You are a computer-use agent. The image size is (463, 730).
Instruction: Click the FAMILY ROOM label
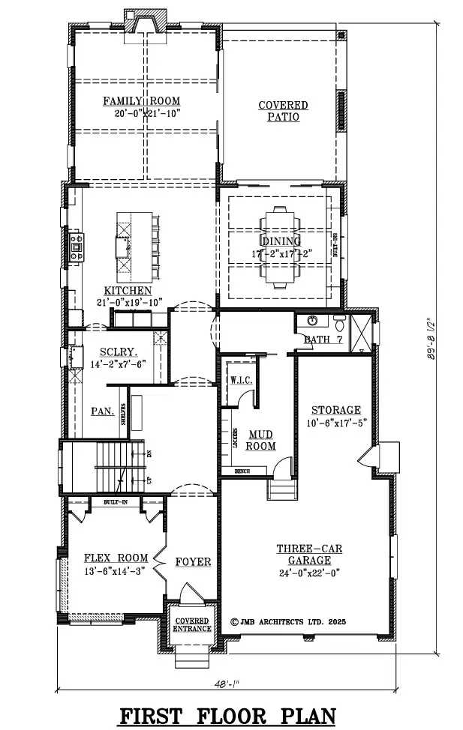click(x=142, y=101)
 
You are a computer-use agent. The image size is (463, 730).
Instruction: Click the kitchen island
click(x=125, y=244)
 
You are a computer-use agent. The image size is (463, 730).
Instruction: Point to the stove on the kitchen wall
click(x=76, y=247)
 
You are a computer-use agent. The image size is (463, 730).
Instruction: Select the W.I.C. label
click(x=240, y=381)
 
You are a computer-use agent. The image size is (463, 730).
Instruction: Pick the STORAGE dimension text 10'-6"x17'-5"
click(x=336, y=424)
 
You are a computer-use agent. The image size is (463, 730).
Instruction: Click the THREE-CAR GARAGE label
click(x=309, y=555)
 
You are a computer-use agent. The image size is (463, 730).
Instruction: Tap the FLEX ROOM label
click(x=116, y=558)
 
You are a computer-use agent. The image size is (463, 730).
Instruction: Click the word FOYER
click(x=193, y=561)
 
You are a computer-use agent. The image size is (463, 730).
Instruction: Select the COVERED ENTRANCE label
click(x=193, y=624)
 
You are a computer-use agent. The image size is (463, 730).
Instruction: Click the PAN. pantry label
click(x=103, y=411)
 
